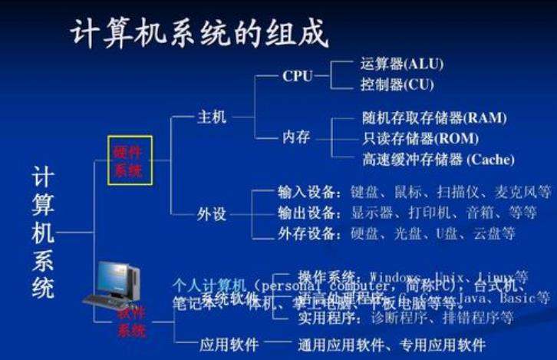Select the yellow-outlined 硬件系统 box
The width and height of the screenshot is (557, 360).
pos(130,160)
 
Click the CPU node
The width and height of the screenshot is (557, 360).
pos(298,76)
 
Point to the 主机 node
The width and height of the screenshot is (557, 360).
pos(213,117)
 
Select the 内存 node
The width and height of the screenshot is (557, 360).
pos(296,137)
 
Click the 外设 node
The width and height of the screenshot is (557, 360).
pos(213,213)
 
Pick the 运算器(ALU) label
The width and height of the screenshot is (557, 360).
pos(402,64)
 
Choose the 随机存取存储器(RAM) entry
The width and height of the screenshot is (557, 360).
pos(434,118)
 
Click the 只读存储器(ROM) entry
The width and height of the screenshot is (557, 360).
pos(420,139)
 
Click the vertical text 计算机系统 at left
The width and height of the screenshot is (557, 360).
pos(43,234)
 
